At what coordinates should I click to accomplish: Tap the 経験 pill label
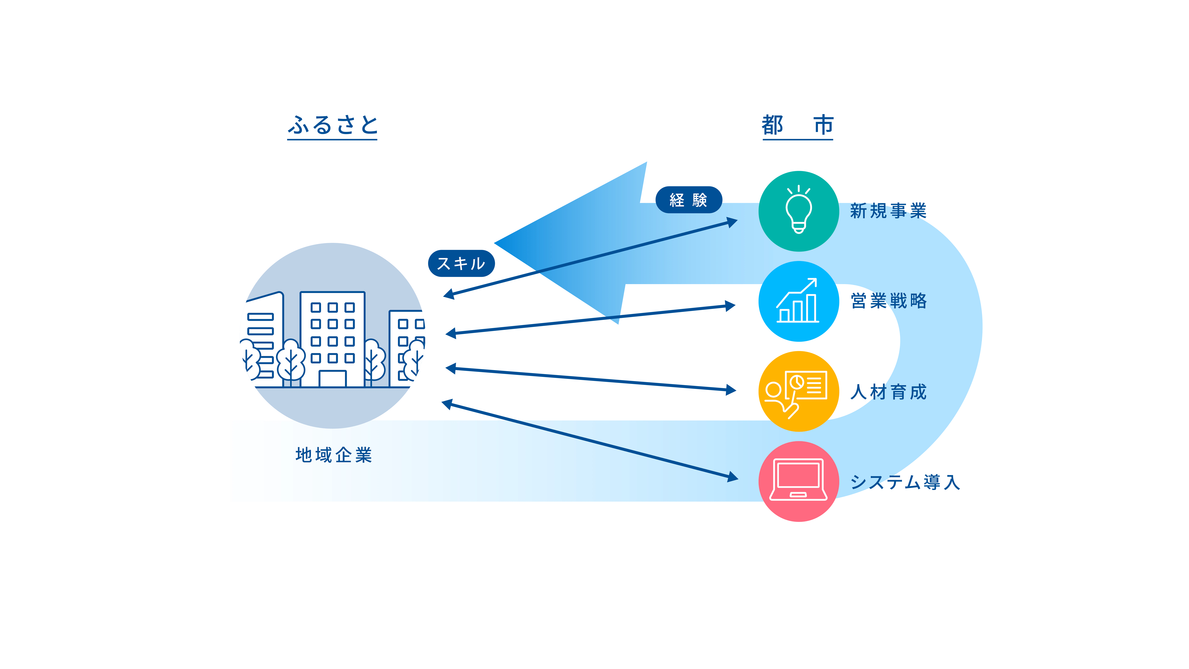(688, 200)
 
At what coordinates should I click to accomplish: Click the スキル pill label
(461, 264)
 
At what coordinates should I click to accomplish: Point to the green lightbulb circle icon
(799, 211)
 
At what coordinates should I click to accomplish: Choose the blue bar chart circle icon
(799, 301)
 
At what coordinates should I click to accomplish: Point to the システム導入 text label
(905, 482)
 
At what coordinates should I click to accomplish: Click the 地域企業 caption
(333, 455)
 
